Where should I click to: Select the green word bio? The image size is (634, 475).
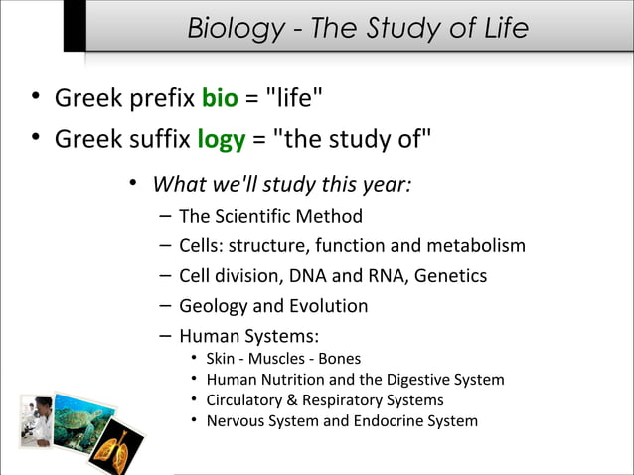[219, 98]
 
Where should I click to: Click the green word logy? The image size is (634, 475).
[221, 139]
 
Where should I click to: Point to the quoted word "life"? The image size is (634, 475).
[289, 98]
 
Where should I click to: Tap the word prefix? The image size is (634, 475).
[157, 98]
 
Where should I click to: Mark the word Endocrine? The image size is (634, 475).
[385, 420]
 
